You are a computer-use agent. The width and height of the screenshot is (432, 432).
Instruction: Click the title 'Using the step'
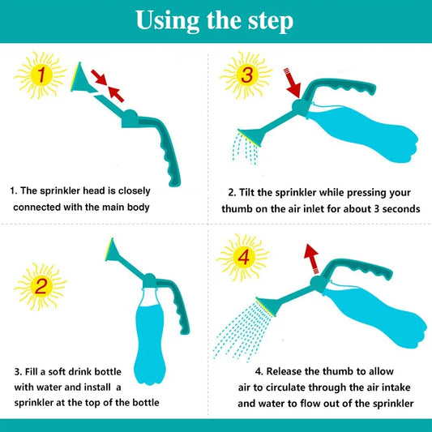pyautogui.click(x=215, y=20)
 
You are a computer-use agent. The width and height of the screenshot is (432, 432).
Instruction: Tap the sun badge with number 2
pyautogui.click(x=40, y=286)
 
